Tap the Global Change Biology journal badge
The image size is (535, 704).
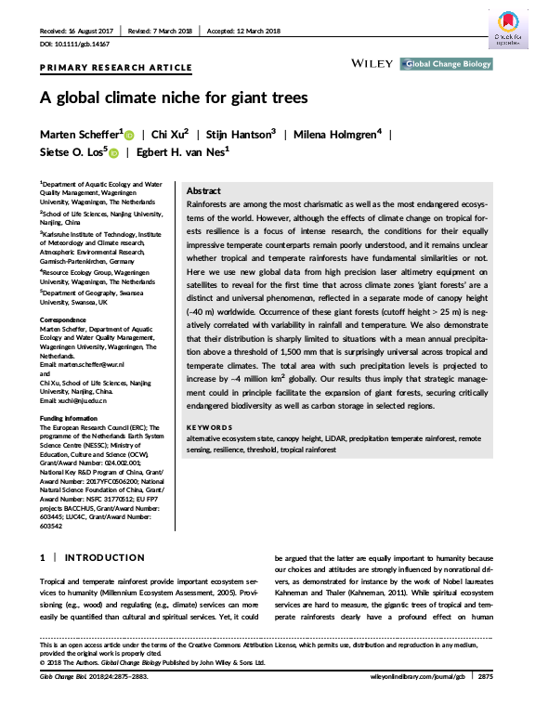[x=445, y=64]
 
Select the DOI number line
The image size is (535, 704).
[x=73, y=44]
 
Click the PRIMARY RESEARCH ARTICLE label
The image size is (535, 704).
[x=115, y=69]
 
